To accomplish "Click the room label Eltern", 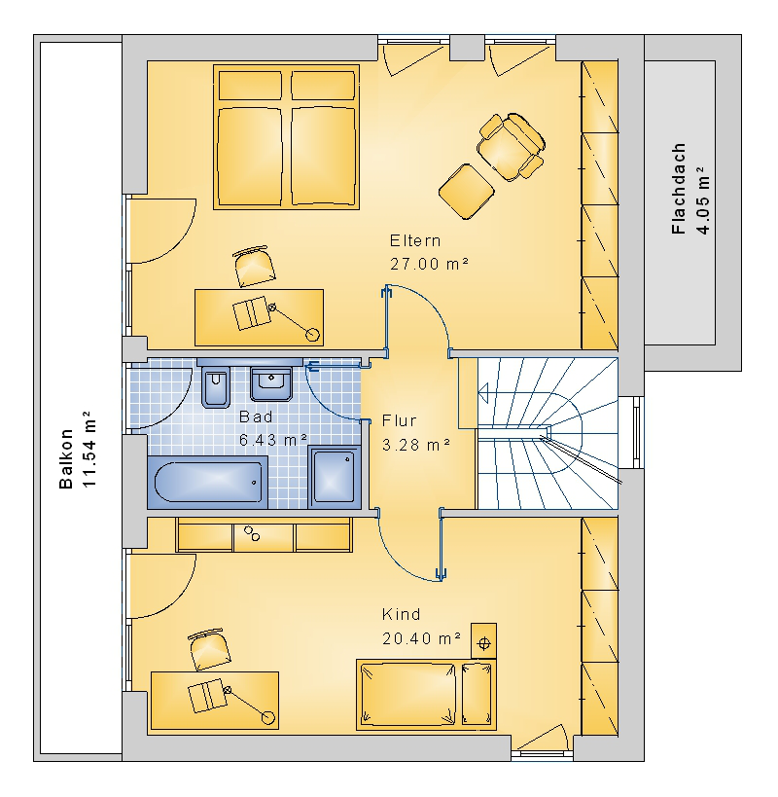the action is (415, 240).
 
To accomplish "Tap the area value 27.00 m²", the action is (429, 264).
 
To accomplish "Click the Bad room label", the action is (256, 417).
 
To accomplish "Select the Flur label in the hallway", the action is (399, 420).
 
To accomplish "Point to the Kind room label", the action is (402, 614).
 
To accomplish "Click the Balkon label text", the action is (66, 458).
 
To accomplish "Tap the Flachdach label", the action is (679, 189).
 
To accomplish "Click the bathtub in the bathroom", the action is (208, 482).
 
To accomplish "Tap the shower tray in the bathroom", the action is (335, 477).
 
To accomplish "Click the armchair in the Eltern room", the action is (511, 146).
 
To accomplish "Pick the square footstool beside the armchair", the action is (466, 192).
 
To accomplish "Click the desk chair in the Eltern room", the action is (254, 267).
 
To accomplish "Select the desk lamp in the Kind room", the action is (249, 704).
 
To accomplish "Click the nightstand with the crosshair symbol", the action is (483, 641).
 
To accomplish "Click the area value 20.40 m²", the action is (421, 638).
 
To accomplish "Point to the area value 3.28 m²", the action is (416, 445).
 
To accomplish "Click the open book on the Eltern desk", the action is (252, 313).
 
